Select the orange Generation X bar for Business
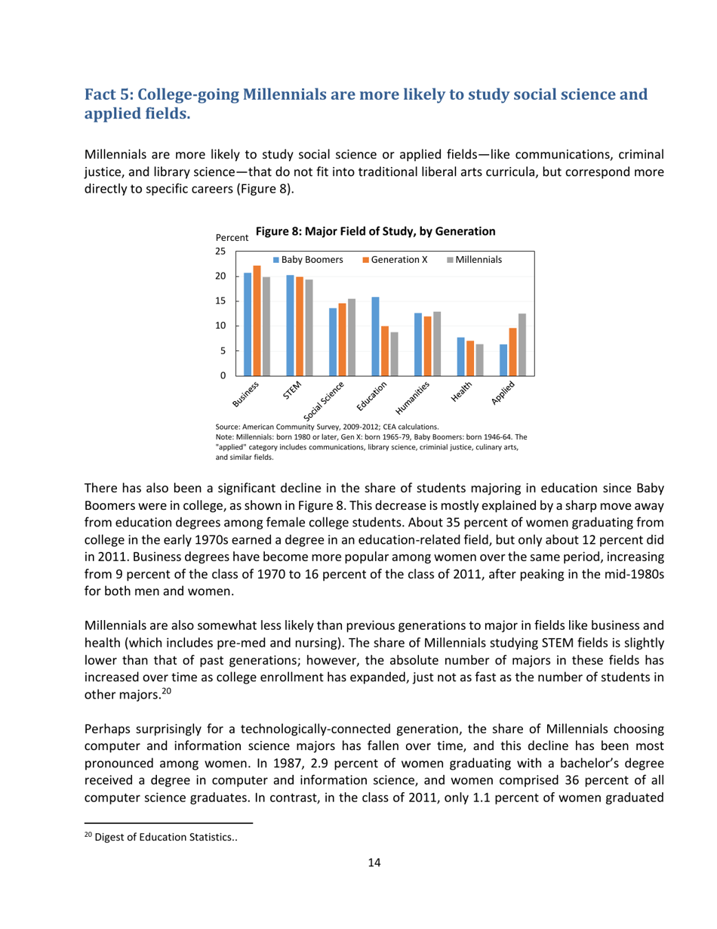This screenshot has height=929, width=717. [257, 320]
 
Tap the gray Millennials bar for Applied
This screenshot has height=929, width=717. [522, 344]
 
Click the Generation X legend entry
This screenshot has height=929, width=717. [397, 260]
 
